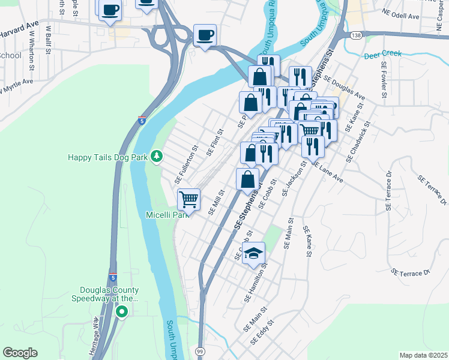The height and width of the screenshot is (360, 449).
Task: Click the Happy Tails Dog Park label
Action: click(x=108, y=157)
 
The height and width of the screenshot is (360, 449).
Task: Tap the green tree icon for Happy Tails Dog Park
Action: click(x=157, y=157)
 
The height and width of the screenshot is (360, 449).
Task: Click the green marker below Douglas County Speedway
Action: click(x=122, y=311)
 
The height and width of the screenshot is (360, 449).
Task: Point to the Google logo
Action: click(x=20, y=353)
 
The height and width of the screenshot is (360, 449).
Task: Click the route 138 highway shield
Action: click(x=357, y=35)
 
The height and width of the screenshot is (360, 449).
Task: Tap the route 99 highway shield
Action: click(x=200, y=350)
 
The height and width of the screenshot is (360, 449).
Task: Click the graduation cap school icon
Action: click(x=254, y=254)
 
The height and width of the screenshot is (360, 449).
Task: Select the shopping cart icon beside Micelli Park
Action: click(x=188, y=199)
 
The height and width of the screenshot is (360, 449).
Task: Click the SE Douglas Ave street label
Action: click(x=344, y=88)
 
